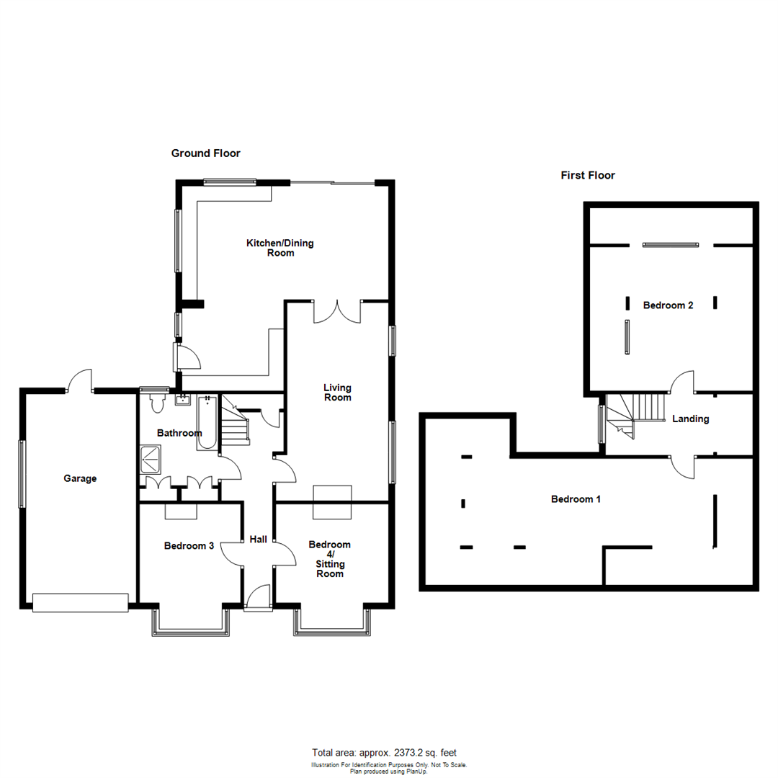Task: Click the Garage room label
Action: [80, 478]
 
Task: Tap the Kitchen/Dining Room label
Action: [280, 248]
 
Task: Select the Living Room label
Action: [338, 393]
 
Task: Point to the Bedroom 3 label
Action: [189, 546]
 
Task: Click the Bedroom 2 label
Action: [668, 305]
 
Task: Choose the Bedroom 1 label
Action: [576, 499]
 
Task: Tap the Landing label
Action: [691, 419]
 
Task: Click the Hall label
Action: [258, 540]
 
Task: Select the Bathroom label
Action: [180, 434]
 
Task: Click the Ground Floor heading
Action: [205, 153]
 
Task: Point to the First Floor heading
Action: [588, 175]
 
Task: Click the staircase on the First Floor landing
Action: [635, 414]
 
